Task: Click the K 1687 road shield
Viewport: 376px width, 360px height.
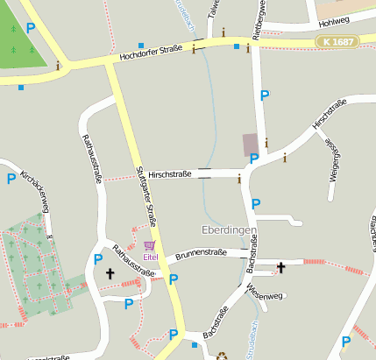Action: (337, 42)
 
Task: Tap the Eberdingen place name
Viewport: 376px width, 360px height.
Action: (229, 230)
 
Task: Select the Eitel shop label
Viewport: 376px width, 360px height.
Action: (151, 257)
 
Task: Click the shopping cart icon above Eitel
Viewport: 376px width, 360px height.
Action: (150, 246)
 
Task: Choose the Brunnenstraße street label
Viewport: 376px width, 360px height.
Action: (201, 252)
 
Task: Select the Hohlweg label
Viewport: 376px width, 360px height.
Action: (334, 22)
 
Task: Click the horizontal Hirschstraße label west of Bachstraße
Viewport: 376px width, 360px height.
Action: (170, 174)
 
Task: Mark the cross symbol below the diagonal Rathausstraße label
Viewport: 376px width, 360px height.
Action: (110, 274)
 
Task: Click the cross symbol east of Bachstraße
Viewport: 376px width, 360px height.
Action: (281, 267)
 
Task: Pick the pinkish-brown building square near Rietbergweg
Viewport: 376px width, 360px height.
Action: (251, 145)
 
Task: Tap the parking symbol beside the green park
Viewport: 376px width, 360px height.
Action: (31, 28)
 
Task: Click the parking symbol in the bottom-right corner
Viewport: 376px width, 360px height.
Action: (346, 341)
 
